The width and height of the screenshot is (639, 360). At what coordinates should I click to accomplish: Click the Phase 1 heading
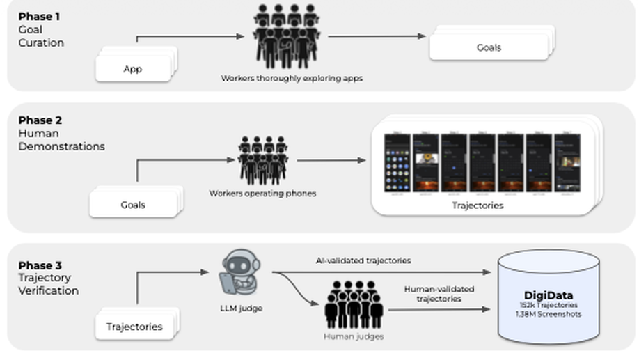(39, 17)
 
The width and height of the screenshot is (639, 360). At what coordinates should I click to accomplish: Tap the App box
(133, 69)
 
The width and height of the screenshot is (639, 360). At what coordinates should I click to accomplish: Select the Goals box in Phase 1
(489, 47)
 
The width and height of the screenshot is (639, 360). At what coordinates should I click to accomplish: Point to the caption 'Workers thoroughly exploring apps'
(292, 79)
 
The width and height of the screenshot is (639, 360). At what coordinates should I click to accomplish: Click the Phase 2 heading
(40, 120)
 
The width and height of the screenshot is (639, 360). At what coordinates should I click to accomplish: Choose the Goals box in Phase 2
(133, 205)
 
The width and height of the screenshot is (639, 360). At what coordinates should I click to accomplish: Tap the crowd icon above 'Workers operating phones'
(262, 161)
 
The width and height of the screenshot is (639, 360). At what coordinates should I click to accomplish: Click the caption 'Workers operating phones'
(262, 193)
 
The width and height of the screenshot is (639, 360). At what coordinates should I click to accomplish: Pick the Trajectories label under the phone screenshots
(477, 205)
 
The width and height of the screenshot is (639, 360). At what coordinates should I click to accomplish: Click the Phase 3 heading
(40, 265)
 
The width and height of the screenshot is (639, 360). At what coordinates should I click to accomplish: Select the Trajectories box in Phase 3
(134, 326)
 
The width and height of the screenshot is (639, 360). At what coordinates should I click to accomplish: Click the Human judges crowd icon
(354, 304)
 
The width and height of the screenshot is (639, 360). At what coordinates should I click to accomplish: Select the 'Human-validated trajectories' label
(439, 293)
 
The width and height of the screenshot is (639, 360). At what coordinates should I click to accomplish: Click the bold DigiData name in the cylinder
(549, 295)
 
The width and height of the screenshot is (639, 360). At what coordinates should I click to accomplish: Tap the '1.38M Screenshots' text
(549, 314)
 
